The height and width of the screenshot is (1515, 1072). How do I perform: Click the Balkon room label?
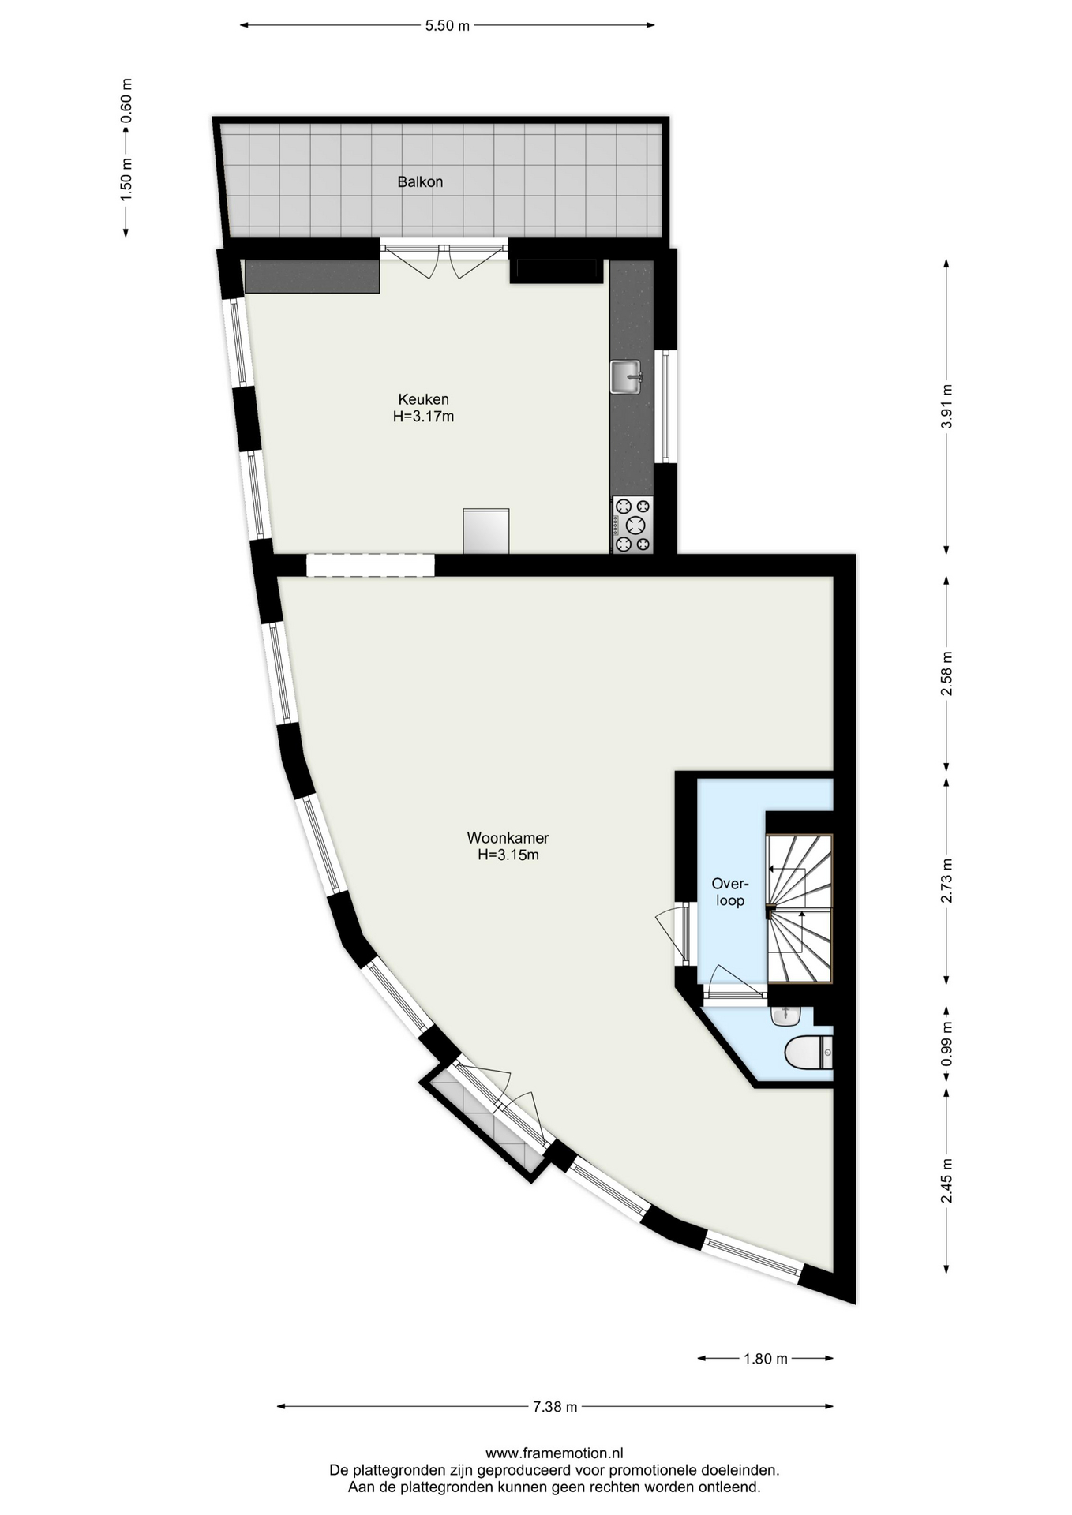(420, 181)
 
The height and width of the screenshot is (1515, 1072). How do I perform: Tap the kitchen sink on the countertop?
(626, 376)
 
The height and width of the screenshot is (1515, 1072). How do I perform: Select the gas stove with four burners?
(632, 525)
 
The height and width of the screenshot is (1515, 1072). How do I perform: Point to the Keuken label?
(423, 399)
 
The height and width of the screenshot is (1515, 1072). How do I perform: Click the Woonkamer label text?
(508, 838)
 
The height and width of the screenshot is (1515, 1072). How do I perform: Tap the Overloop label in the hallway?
(730, 892)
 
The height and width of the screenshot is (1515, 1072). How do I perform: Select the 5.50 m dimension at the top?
(448, 25)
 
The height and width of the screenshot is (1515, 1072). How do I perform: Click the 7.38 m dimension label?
(555, 1406)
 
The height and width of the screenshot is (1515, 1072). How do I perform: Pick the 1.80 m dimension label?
(766, 1358)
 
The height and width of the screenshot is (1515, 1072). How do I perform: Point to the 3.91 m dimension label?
(946, 406)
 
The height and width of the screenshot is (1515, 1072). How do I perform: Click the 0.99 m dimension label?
(946, 1044)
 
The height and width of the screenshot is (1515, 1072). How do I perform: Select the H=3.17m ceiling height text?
(423, 417)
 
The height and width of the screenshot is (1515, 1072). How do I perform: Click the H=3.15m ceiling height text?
(508, 855)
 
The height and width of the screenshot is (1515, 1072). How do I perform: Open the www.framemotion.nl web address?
(554, 1453)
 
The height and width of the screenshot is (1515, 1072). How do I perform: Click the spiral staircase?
(800, 909)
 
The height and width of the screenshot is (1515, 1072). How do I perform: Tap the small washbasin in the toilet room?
(785, 1016)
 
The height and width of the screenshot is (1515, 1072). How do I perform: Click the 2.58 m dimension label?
(946, 673)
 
